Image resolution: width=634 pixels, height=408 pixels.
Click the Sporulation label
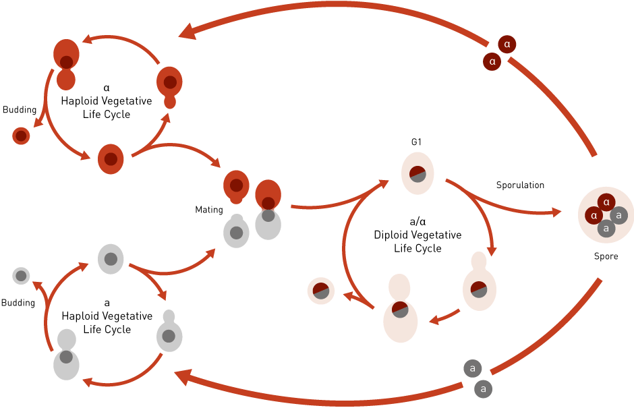[x=520, y=185]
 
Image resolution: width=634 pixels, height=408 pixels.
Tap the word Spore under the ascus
[x=605, y=256]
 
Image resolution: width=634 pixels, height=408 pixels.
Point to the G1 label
[x=415, y=142]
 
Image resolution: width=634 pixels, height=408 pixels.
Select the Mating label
[x=208, y=210]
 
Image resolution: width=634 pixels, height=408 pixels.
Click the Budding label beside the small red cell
[x=20, y=109]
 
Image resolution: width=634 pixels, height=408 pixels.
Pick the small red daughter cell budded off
[x=21, y=136]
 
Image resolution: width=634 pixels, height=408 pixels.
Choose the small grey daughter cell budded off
[x=21, y=275]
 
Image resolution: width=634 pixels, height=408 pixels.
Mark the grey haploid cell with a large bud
[x=66, y=354]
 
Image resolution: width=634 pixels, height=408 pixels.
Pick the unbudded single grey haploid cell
[x=110, y=259]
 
